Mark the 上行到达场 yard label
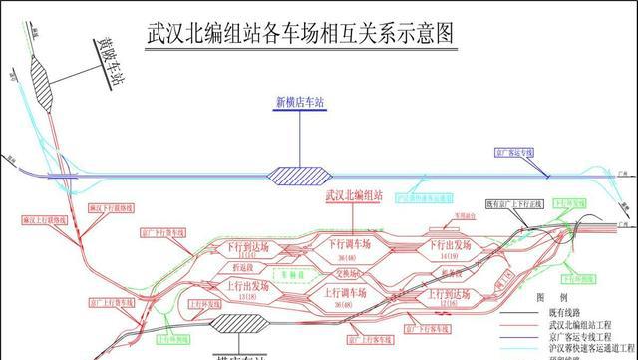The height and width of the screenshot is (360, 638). [x=449, y=295]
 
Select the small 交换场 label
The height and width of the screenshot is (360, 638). [x=346, y=269]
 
